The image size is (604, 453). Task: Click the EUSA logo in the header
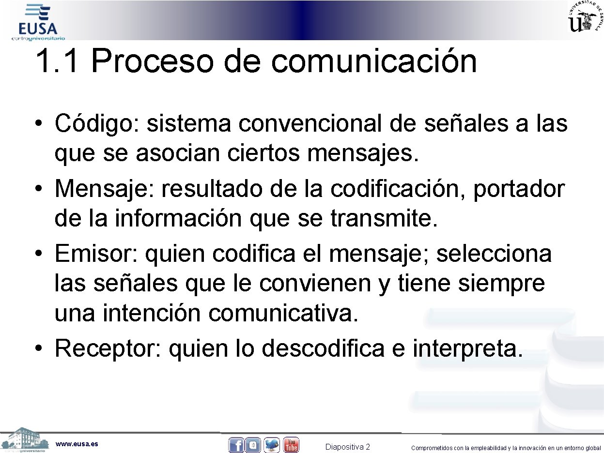pos(38,22)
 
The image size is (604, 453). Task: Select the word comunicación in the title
pos(374,61)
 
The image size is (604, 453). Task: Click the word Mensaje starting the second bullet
pos(102,189)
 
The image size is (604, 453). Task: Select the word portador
pos(519,189)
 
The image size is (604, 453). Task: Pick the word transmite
pos(384,219)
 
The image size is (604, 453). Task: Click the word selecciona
pos(494,253)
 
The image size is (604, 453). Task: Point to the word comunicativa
pos(284,314)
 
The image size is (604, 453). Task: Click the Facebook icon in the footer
pos(236,445)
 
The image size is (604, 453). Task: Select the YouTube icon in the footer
pos(291,445)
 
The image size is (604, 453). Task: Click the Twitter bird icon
pos(272,445)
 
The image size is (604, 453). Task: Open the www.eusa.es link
pos(77,444)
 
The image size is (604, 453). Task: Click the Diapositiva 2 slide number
pos(347,447)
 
